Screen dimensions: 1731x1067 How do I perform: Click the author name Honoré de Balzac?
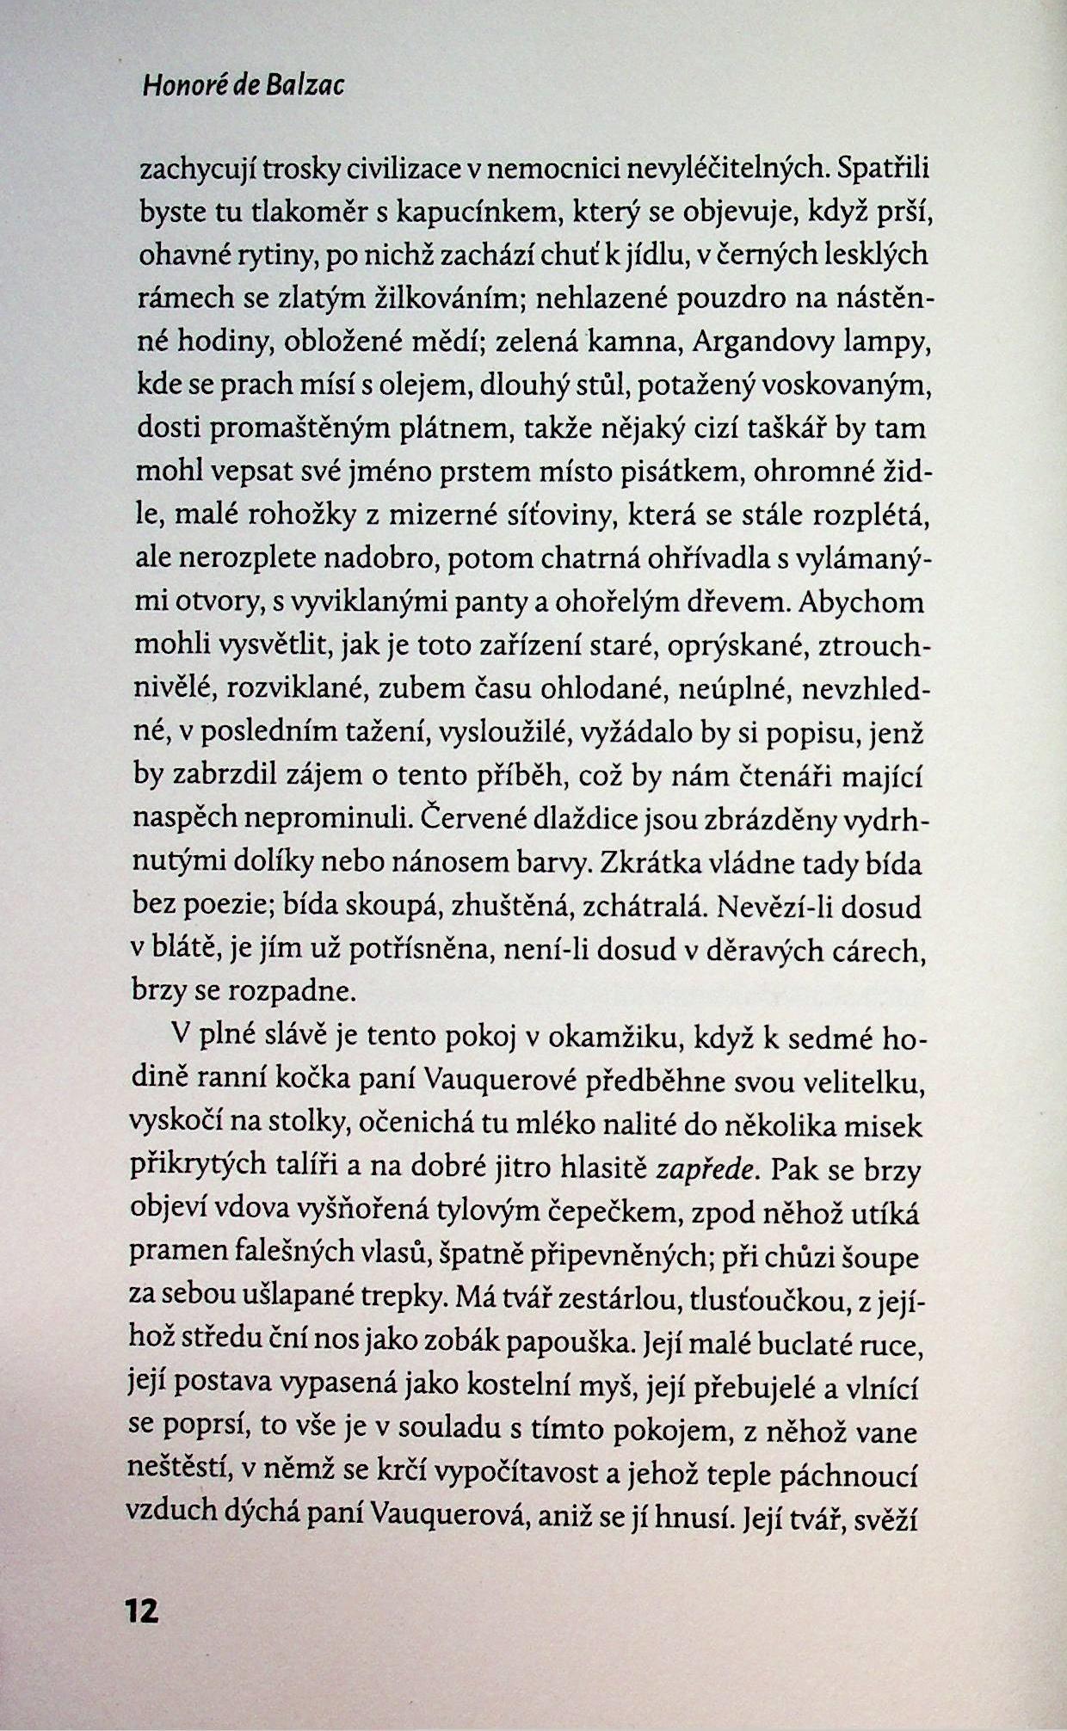(243, 86)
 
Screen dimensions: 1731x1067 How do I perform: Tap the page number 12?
(142, 1611)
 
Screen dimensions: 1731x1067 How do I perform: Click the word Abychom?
(861, 601)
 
